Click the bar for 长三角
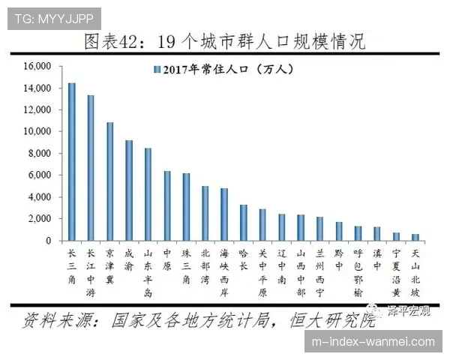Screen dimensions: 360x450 pos(72,162)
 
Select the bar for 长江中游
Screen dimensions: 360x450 pos(91,168)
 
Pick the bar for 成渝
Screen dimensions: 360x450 pos(129,190)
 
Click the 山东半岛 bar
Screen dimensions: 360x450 pos(148,194)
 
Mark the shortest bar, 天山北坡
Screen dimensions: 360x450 pos(415,237)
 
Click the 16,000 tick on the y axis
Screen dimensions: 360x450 pos(36,67)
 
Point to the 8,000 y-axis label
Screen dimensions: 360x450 pos(38,154)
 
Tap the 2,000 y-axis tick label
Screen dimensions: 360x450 pos(38,219)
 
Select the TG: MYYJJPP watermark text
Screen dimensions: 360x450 pos(53,16)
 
